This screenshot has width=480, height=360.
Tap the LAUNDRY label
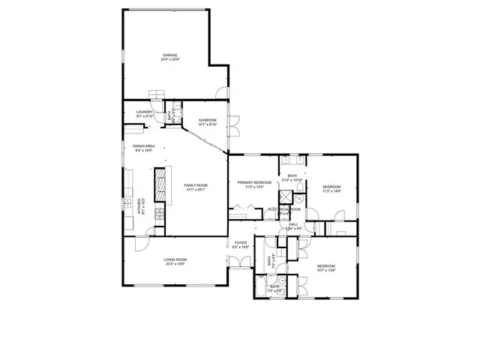point(145,112)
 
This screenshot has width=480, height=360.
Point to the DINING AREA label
point(144,145)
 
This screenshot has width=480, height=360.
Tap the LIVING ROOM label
point(175,259)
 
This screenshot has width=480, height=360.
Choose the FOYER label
point(240,243)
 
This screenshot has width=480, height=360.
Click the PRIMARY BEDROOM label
point(254,182)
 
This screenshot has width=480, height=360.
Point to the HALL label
point(294,223)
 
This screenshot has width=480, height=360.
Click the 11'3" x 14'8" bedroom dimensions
point(331,191)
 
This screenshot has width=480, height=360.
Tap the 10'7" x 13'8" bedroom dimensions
point(326,271)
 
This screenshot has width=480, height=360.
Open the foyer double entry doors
point(239,262)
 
